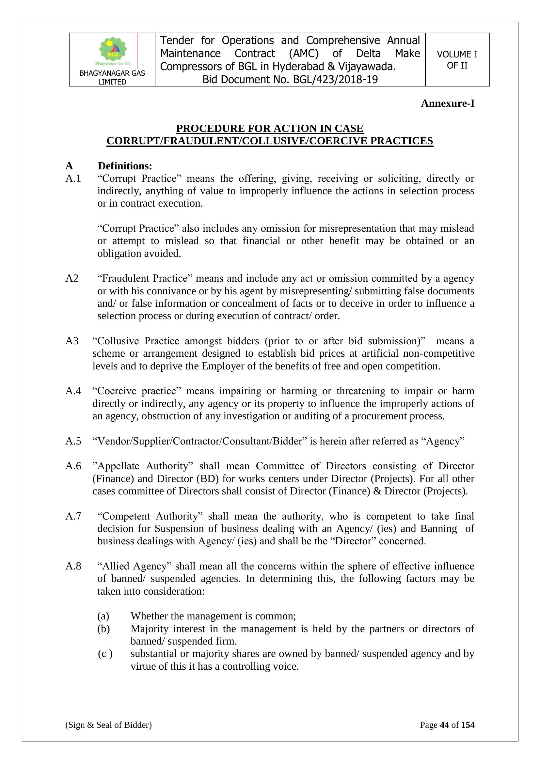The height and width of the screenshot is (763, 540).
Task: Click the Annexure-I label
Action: [448, 103]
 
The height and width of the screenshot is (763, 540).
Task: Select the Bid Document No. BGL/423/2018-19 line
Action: [290, 80]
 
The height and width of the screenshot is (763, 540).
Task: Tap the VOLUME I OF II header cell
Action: [457, 60]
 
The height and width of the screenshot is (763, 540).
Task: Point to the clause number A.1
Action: [73, 179]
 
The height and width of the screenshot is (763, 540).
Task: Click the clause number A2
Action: [72, 278]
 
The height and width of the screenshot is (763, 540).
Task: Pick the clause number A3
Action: [72, 341]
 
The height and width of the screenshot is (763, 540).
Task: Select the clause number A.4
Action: [73, 391]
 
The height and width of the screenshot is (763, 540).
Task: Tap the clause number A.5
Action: [73, 441]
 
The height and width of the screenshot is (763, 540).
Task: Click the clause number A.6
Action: [73, 466]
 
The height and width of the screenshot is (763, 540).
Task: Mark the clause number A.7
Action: [73, 516]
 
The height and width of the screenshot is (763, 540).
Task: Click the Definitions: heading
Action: [125, 166]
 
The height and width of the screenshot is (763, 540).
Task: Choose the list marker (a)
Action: [103, 616]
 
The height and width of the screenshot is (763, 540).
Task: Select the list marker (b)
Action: [103, 629]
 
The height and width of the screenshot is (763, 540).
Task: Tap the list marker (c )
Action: [105, 654]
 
